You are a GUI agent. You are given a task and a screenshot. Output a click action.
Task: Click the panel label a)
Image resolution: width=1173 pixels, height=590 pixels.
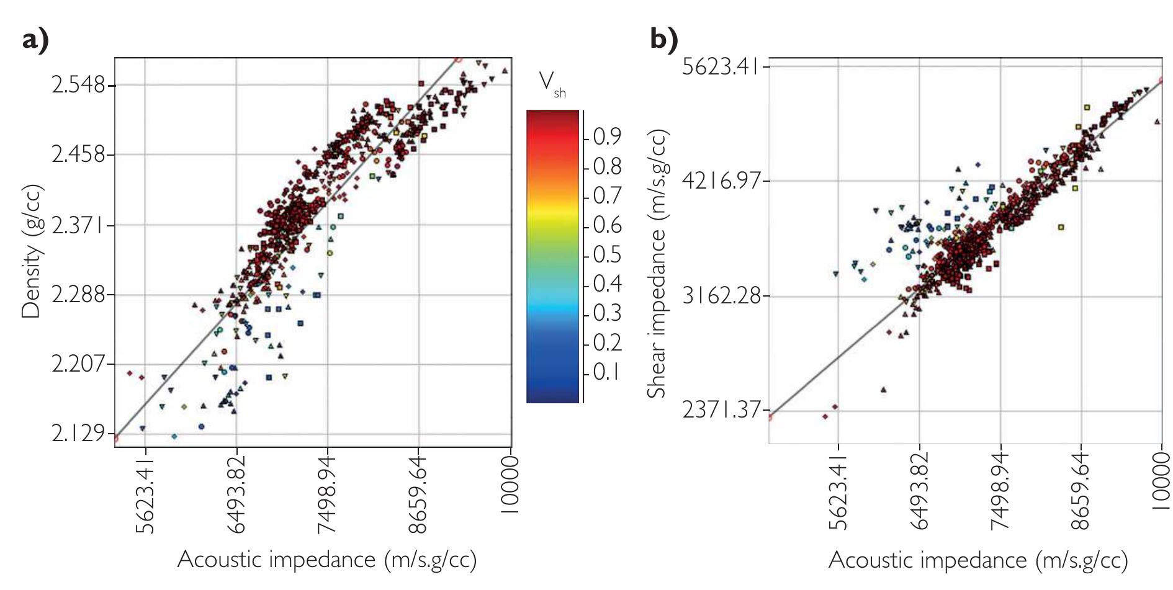tap(35, 41)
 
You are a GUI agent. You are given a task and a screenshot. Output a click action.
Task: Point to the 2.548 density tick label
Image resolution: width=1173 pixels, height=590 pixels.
tap(79, 84)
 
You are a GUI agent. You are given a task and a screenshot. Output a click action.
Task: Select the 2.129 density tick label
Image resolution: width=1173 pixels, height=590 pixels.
tap(79, 434)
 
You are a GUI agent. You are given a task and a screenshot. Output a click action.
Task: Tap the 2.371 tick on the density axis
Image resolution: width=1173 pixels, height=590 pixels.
tap(79, 225)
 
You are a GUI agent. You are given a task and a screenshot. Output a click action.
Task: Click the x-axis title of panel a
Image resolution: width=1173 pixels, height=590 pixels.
tap(327, 560)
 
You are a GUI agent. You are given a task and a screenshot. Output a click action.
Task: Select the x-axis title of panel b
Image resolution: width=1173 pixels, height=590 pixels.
tap(977, 560)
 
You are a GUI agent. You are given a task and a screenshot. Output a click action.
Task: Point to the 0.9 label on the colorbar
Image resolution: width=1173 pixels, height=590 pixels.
tap(607, 136)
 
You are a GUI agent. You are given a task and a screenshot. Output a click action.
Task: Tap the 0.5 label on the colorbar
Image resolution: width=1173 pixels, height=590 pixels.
tap(607, 254)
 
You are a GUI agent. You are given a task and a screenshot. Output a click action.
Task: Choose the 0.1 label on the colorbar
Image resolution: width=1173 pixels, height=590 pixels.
tap(607, 372)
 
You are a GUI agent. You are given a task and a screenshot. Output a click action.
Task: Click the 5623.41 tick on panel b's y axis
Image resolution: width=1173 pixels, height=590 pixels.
tap(721, 66)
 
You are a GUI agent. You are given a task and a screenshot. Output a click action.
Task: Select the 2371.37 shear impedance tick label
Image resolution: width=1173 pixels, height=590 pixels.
tap(721, 410)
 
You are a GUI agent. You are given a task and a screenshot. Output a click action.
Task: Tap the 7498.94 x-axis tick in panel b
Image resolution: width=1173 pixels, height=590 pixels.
tap(1000, 492)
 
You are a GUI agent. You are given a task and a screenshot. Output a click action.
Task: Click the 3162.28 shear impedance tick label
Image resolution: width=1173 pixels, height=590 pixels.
tap(721, 295)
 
